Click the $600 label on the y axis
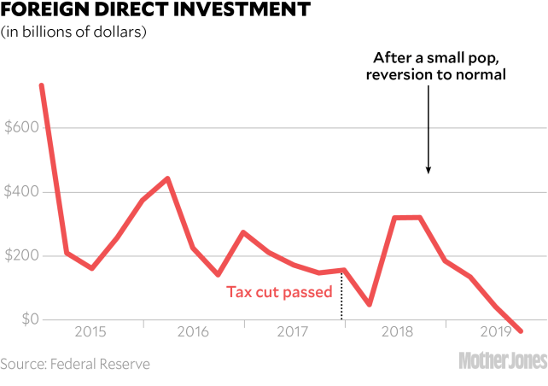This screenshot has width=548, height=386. coord(22,127)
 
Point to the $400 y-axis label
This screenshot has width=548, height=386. coord(22,191)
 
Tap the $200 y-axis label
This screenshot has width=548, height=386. coord(22,255)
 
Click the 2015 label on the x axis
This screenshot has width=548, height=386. coord(90,330)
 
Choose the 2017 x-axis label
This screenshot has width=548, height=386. coord(292,330)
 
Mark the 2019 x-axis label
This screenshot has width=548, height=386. coord(495,330)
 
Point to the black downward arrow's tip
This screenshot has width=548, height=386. coord(428,173)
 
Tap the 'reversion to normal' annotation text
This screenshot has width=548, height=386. coord(440,75)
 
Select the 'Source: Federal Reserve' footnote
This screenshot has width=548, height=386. coord(75,365)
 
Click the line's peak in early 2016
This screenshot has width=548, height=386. coord(167,178)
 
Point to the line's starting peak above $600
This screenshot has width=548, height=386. coord(41,84)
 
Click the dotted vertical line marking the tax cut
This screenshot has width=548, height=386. coord(342,295)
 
